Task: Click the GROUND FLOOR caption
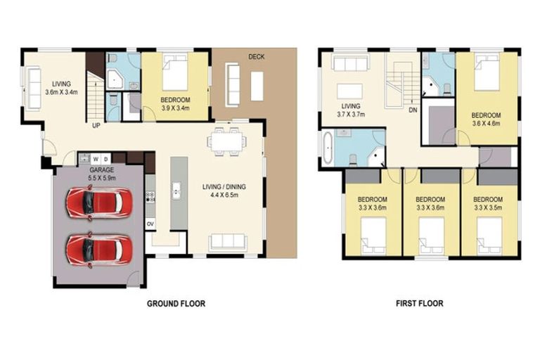pyautogui.click(x=175, y=304)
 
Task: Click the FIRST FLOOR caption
pyautogui.click(x=419, y=304)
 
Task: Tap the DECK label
pyautogui.click(x=256, y=57)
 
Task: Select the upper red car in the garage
pyautogui.click(x=98, y=202)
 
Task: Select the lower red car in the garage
pyautogui.click(x=98, y=248)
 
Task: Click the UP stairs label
pyautogui.click(x=95, y=126)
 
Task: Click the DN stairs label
pyautogui.click(x=413, y=110)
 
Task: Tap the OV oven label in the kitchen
pyautogui.click(x=150, y=224)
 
